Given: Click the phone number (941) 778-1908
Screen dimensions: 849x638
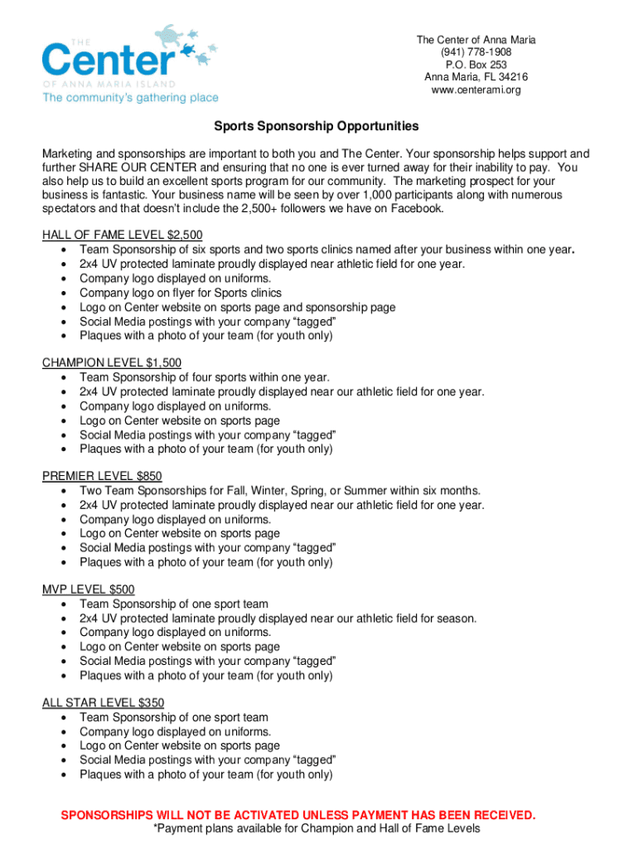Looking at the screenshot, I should pyautogui.click(x=476, y=52).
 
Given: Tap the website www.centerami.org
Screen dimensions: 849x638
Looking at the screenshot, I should pyautogui.click(x=476, y=90).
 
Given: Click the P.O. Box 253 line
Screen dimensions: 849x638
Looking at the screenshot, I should pyautogui.click(x=476, y=65).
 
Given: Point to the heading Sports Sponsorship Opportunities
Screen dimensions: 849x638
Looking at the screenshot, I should pyautogui.click(x=317, y=127).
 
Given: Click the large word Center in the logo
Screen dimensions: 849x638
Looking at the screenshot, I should pyautogui.click(x=108, y=60).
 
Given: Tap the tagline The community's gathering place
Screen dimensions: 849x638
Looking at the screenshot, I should pyautogui.click(x=130, y=98).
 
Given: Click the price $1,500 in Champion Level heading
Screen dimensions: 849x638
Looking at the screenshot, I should pyautogui.click(x=163, y=363).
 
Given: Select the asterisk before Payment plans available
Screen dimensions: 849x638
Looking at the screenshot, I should pyautogui.click(x=157, y=828).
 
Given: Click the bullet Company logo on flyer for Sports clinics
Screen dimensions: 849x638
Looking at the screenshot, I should pyautogui.click(x=180, y=293).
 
